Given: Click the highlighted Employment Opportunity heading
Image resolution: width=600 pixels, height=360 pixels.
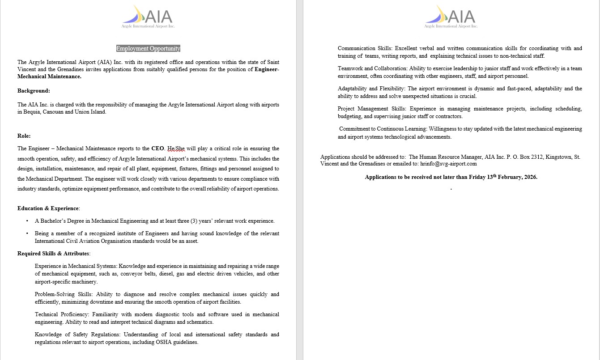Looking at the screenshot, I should tap(148, 49).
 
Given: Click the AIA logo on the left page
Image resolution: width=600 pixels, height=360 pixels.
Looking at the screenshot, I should tap(148, 17).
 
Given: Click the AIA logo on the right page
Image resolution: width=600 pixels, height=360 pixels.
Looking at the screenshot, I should tap(451, 17).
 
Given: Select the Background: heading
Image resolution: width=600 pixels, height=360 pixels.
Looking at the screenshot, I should tap(34, 91).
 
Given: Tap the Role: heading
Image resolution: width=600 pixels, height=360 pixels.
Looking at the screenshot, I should tap(24, 136).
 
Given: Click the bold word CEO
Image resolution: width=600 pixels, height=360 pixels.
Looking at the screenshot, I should tap(157, 148).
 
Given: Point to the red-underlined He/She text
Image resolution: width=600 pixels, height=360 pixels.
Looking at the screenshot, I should tap(176, 148).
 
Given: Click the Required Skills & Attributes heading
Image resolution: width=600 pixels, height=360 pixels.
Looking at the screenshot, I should tap(54, 254).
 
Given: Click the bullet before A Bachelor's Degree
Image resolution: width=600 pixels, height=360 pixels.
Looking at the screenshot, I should tap(27, 221).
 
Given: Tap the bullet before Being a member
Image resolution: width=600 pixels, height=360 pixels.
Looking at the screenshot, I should tap(27, 233).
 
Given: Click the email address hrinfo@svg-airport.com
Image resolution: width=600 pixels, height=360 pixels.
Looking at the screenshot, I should tap(448, 164).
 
